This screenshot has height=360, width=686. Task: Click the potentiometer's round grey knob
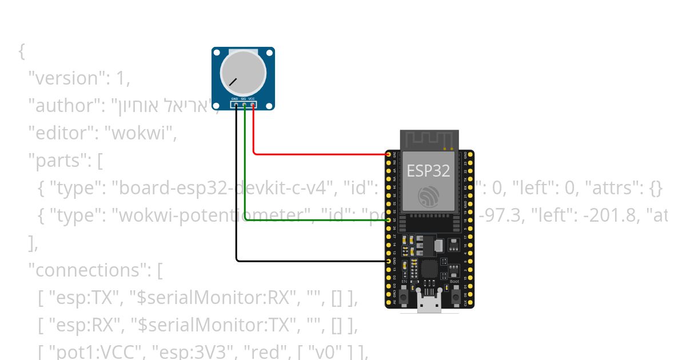243,73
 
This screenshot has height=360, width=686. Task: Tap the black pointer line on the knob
233,82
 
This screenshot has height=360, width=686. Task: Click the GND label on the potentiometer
234,99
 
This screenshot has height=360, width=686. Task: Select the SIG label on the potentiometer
244,99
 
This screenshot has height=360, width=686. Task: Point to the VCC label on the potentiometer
252,99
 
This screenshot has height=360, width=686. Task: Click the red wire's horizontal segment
320,154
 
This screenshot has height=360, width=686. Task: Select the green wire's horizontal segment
314,220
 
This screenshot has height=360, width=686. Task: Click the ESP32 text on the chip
428,171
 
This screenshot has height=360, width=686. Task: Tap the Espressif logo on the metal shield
428,197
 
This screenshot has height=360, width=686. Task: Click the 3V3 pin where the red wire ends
389,154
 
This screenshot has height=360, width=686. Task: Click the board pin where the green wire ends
389,220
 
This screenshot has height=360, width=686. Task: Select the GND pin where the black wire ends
389,261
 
